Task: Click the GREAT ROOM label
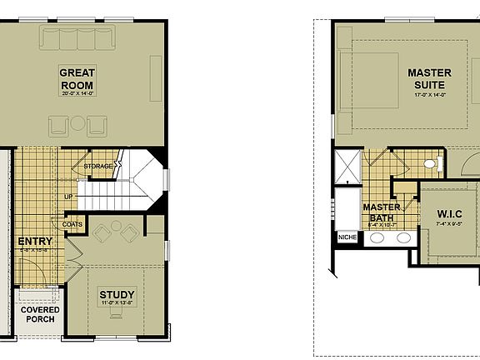(76, 79)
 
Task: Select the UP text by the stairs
(69, 197)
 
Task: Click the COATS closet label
(72, 224)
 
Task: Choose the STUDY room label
(117, 295)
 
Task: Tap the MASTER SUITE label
(429, 79)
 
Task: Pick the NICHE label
(347, 237)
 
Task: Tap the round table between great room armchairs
(77, 124)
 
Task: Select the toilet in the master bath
(430, 163)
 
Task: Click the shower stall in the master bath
(346, 167)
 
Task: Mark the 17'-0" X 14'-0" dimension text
(429, 95)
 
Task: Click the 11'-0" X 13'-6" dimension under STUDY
(117, 305)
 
